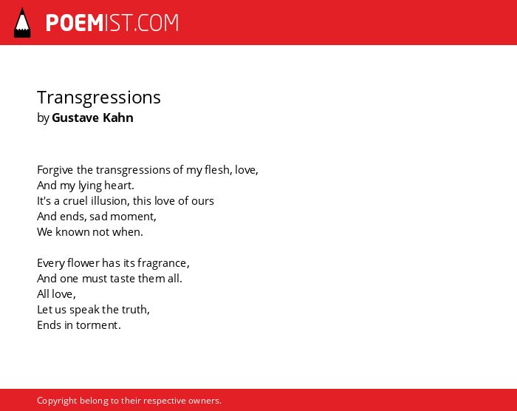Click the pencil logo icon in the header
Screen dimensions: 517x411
[22, 22]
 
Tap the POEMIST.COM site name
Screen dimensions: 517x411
[112, 23]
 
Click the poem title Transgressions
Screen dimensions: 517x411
[99, 98]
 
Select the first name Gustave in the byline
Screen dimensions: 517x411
[75, 118]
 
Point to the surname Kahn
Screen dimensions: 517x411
[118, 118]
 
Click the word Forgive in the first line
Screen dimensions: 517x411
[55, 170]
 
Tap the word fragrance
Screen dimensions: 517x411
[162, 263]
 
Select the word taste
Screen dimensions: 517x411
[123, 279]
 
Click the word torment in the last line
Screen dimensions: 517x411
[97, 325]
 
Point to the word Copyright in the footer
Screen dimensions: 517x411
[57, 401]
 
